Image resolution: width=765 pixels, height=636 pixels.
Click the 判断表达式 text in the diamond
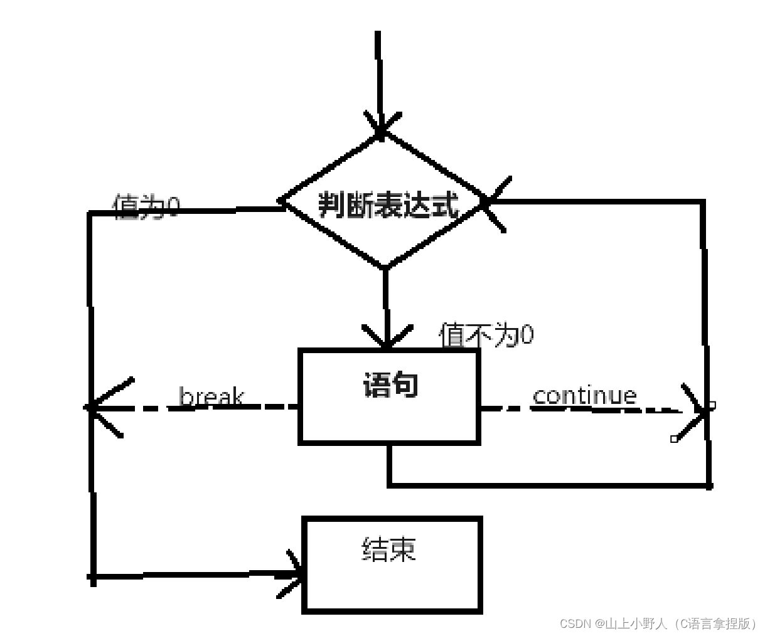coord(388,204)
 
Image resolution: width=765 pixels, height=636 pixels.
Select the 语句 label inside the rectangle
coord(390,385)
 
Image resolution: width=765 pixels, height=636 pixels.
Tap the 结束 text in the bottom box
coord(389,549)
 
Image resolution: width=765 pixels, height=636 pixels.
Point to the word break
coord(211,397)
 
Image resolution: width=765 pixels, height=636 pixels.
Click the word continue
coord(584,395)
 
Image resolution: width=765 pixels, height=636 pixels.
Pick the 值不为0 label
coord(486,335)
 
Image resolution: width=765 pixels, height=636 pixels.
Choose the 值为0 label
coord(146,206)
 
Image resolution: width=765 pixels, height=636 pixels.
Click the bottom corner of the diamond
coord(385,267)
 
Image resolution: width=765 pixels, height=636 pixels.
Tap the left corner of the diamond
coord(280,202)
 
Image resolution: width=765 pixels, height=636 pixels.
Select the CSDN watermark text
coord(658,623)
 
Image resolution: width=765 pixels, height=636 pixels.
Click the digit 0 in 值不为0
coord(527,335)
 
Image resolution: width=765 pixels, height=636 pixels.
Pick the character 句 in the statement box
coord(405,385)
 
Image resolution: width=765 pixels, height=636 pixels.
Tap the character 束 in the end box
coord(403,549)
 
